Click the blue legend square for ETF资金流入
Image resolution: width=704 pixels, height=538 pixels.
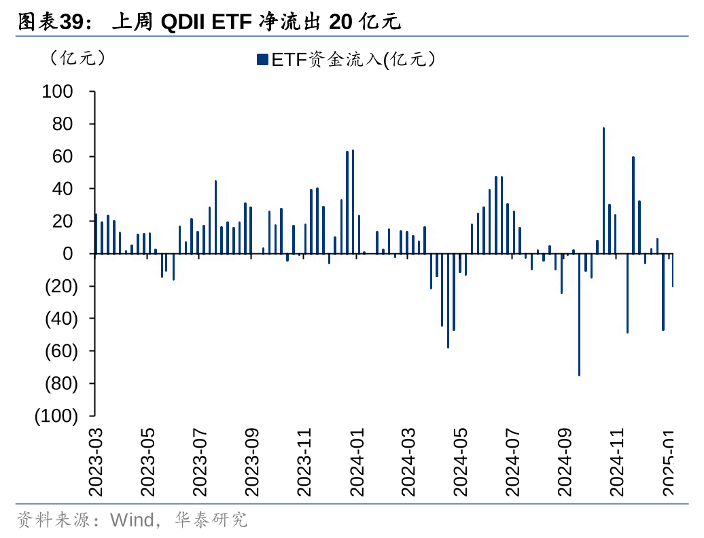262,60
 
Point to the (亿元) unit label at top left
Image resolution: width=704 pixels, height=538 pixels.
77,58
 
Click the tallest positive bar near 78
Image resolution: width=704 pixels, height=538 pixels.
603,190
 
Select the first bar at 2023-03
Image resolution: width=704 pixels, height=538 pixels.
96,234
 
